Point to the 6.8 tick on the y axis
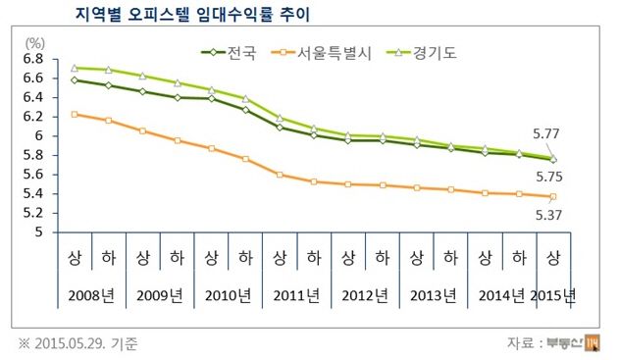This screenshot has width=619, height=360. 33,59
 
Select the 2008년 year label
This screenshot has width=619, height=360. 90,295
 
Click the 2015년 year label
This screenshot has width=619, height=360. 554,295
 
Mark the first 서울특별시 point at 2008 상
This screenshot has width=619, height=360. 74,115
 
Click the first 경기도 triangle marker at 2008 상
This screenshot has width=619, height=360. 74,68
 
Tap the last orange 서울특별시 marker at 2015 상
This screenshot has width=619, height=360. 553,197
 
